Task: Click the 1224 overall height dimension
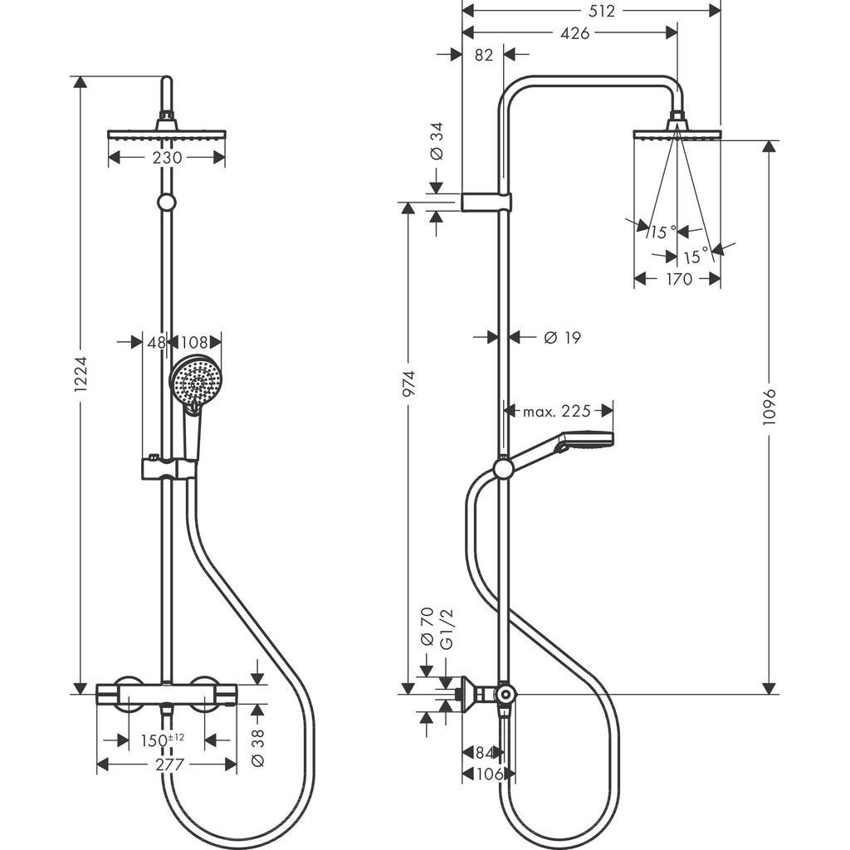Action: click(80, 384)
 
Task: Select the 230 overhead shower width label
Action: click(166, 158)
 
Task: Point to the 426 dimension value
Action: click(574, 33)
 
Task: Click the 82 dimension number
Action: click(484, 56)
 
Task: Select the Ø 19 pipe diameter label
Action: click(562, 337)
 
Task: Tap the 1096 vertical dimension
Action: click(769, 408)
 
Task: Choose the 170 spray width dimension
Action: click(678, 280)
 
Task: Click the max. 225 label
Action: click(557, 411)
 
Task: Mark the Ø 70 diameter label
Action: click(427, 627)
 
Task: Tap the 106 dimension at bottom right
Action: click(487, 774)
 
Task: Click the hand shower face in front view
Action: click(197, 379)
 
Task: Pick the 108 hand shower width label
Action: click(194, 341)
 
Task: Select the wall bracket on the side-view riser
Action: click(486, 202)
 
